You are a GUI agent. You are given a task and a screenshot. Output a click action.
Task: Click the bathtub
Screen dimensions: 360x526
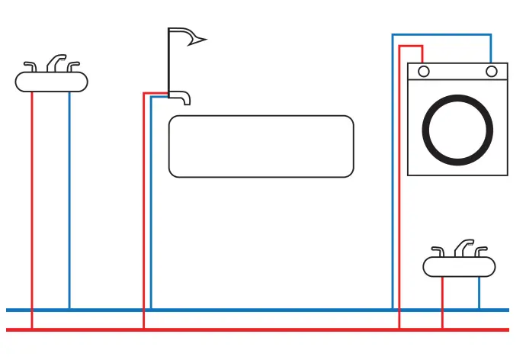(261, 146)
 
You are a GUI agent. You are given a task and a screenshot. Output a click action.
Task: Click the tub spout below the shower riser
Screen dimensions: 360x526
(181, 97)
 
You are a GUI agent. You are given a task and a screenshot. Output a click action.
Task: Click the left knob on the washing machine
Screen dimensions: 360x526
(423, 72)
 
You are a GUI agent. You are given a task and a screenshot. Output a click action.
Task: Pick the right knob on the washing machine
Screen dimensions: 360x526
(492, 72)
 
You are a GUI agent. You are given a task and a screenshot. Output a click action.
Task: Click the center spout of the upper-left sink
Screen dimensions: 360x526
(56, 62)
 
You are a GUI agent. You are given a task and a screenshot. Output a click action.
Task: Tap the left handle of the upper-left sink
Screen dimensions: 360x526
(31, 66)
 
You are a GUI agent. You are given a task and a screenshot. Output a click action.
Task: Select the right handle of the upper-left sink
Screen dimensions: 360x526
(73, 66)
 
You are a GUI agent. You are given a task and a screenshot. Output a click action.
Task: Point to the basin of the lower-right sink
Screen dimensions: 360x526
(459, 266)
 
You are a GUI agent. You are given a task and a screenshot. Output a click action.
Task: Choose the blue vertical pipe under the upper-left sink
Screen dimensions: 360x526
(69, 198)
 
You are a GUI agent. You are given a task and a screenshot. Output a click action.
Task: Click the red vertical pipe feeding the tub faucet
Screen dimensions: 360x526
(143, 214)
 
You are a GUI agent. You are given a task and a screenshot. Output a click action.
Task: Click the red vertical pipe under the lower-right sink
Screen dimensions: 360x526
(442, 301)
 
